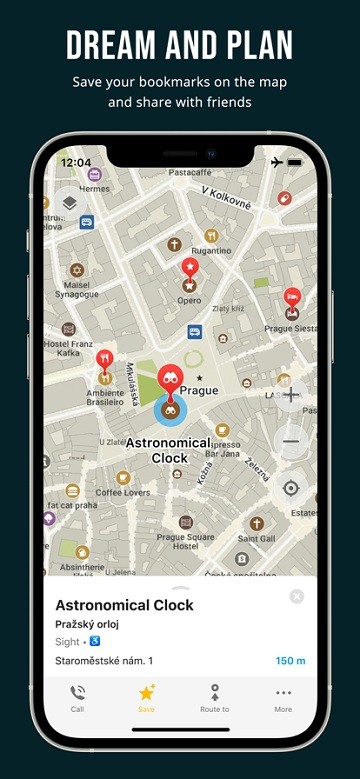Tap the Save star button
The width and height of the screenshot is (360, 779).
(x=146, y=693)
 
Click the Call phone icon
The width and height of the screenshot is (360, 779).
(x=77, y=693)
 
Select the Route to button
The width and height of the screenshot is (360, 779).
(x=214, y=693)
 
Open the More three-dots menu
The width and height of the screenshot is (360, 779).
(x=283, y=693)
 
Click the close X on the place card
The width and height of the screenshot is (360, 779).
(x=296, y=596)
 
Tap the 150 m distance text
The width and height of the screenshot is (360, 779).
(x=289, y=660)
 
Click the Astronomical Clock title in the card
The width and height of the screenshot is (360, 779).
(x=124, y=605)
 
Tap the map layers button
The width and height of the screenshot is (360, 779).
(x=69, y=203)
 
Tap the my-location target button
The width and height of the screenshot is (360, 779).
(x=291, y=488)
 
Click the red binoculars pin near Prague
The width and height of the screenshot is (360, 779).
(x=171, y=379)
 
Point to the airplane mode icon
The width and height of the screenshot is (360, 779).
(x=277, y=162)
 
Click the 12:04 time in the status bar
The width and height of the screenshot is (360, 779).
(x=75, y=162)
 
